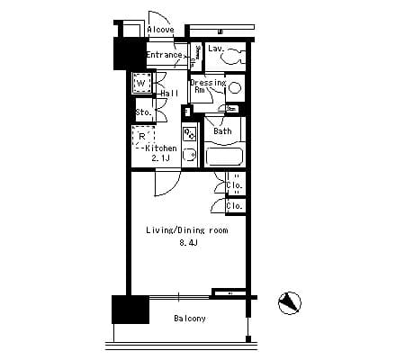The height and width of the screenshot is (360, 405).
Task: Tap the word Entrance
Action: click(164, 55)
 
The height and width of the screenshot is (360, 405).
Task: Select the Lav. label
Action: click(216, 49)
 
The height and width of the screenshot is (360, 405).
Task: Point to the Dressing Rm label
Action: click(205, 86)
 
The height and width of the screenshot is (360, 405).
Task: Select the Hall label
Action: click(168, 93)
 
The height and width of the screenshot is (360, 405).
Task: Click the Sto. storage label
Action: click(142, 112)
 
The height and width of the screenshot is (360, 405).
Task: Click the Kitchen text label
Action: click(161, 148)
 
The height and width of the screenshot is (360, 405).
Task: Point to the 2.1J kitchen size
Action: click(161, 158)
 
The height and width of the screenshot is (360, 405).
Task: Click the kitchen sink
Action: click(189, 157)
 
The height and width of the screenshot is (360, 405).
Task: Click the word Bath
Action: click(222, 132)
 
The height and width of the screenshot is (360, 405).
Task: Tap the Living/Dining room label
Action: click(186, 230)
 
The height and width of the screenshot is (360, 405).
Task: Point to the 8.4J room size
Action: click(186, 242)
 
